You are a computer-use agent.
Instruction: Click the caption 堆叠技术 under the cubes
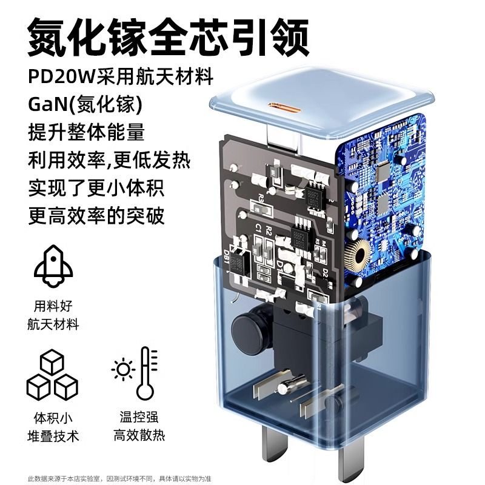[57, 435]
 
